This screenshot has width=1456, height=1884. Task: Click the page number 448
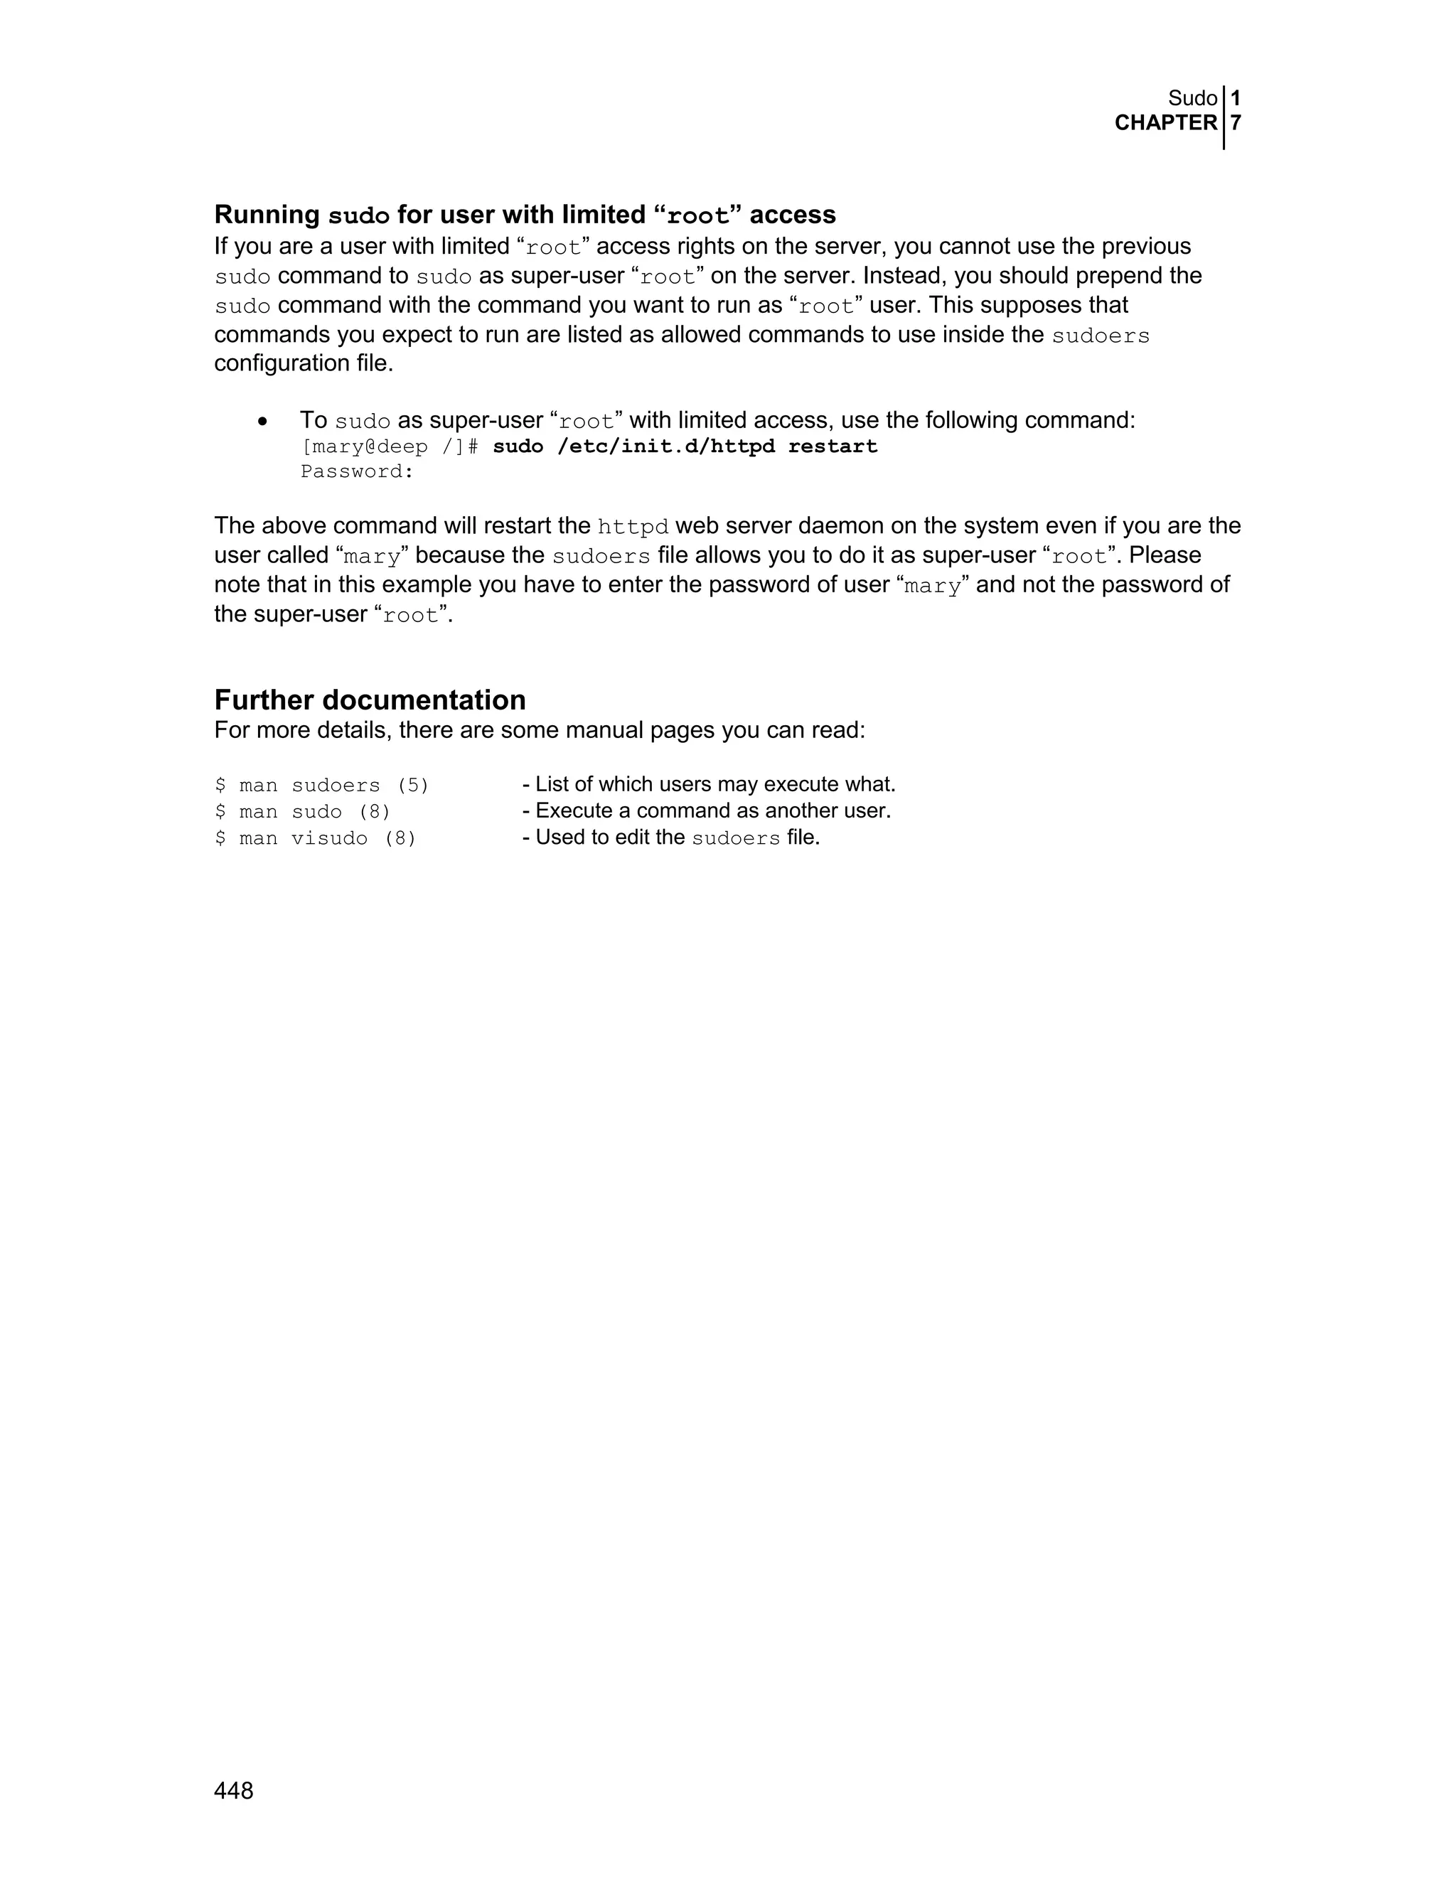[234, 1792]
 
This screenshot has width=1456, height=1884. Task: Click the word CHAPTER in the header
[1165, 124]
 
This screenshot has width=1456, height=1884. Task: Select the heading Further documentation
[370, 700]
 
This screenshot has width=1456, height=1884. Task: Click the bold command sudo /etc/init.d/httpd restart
[685, 447]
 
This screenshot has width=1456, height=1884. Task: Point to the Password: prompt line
[357, 472]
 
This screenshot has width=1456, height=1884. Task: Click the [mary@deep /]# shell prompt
[389, 447]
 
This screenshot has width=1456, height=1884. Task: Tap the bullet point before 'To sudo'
[263, 422]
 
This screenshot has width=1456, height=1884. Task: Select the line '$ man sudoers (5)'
[322, 786]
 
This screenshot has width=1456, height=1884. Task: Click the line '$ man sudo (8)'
[303, 812]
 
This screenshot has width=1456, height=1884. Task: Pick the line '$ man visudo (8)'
[316, 838]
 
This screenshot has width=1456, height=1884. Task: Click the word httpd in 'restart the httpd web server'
[633, 527]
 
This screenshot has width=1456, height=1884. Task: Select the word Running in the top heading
[267, 215]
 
